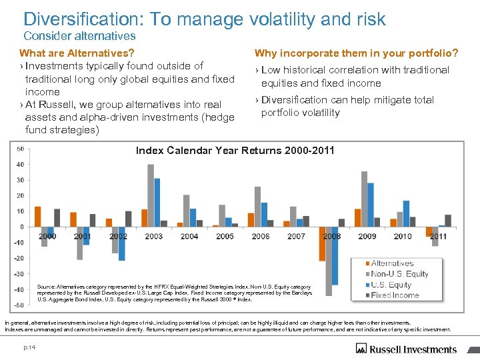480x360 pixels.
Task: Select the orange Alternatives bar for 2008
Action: [x=323, y=244]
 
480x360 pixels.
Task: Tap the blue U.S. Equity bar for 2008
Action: [x=335, y=255]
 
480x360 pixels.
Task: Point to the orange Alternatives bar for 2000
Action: [x=38, y=217]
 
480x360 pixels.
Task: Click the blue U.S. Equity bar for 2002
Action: [x=122, y=244]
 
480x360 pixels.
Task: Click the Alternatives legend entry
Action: [x=392, y=263]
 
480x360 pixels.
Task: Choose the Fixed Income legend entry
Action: [x=395, y=295]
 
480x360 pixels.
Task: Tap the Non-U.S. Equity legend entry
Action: [x=399, y=274]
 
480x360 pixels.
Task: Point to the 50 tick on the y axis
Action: [x=20, y=149]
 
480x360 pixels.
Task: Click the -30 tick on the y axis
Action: [x=19, y=274]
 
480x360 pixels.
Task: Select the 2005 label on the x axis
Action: [x=225, y=236]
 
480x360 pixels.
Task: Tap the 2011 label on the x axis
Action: [x=439, y=236]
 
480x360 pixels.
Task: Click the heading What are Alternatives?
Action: [x=77, y=53]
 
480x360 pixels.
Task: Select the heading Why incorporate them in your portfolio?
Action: [x=356, y=53]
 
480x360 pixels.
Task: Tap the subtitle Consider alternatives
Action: [x=79, y=36]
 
